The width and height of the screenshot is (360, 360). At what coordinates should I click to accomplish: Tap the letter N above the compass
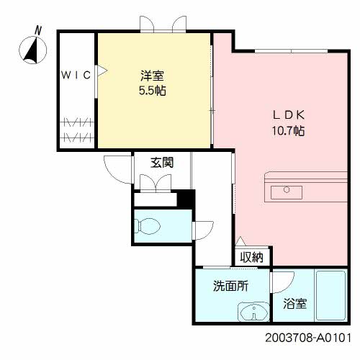click(38, 30)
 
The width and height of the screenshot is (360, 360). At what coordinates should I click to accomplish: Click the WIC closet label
click(75, 74)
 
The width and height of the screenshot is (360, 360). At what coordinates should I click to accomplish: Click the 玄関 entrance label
click(161, 162)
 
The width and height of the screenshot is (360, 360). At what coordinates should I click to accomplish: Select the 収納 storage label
click(252, 256)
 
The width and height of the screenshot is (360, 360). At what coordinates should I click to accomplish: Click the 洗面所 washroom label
click(230, 286)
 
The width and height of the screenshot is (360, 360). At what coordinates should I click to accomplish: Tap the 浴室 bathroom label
click(295, 304)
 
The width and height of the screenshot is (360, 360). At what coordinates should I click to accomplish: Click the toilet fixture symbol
click(150, 225)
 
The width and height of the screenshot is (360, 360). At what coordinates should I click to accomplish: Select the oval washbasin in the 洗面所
click(251, 312)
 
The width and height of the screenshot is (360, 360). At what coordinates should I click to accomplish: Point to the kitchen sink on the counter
click(291, 190)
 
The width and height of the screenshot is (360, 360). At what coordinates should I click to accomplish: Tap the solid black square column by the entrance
click(186, 199)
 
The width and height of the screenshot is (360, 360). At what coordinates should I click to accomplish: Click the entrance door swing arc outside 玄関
click(114, 171)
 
